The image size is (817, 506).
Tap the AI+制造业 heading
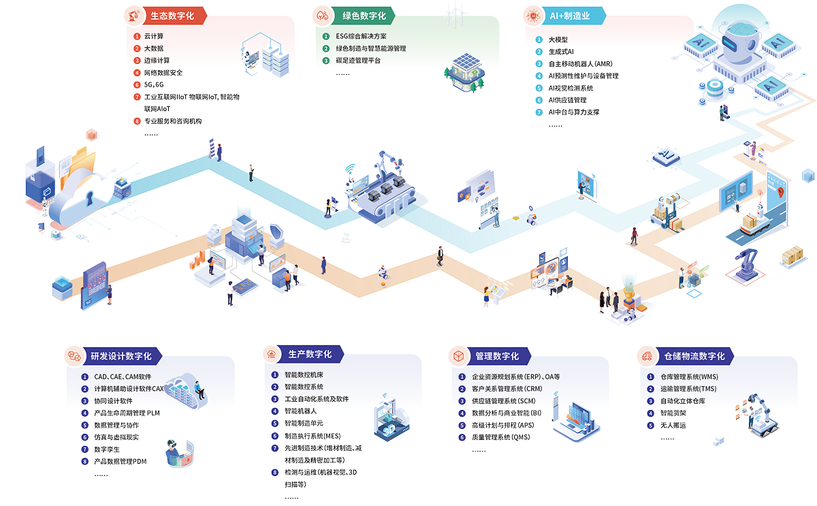pyautogui.click(x=568, y=15)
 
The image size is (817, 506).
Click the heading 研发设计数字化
pyautogui.click(x=121, y=355)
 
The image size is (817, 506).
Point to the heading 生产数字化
pyautogui.click(x=310, y=354)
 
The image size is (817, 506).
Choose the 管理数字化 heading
pyautogui.click(x=497, y=355)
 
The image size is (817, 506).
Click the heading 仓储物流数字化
pyautogui.click(x=694, y=355)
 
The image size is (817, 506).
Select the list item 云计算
pyautogui.click(x=153, y=36)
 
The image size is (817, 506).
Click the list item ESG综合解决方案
pyautogui.click(x=361, y=36)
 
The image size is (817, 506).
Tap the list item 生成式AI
pyautogui.click(x=561, y=52)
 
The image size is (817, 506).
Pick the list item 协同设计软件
pyautogui.click(x=113, y=401)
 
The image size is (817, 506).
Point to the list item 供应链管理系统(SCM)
pyautogui.click(x=504, y=401)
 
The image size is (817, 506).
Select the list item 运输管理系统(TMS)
pyautogui.click(x=688, y=389)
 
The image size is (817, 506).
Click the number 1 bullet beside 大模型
pyautogui.click(x=539, y=39)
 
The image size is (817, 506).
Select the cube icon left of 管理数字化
pyautogui.click(x=459, y=355)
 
